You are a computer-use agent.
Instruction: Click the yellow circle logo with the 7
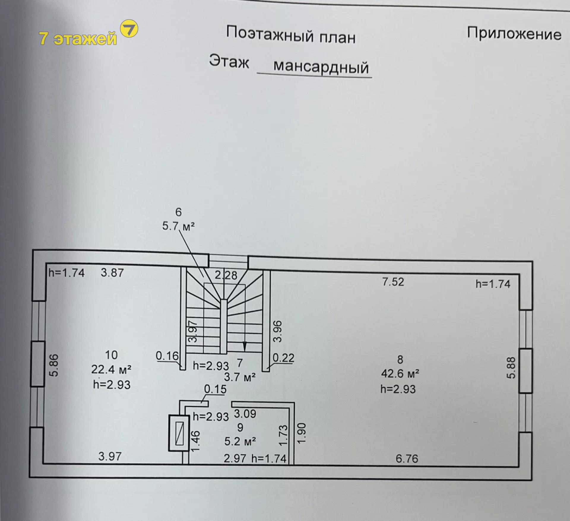click(x=129, y=28)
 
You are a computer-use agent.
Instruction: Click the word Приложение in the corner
click(x=514, y=34)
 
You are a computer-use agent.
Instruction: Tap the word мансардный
click(x=321, y=67)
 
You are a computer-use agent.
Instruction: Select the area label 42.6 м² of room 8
click(x=400, y=373)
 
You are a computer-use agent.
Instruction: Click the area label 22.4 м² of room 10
click(x=111, y=369)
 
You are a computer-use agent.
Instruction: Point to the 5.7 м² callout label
click(x=178, y=226)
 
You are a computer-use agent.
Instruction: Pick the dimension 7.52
click(x=393, y=282)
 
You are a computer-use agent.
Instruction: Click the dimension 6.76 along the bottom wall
click(x=407, y=459)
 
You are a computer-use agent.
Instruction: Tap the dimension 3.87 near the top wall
click(x=112, y=273)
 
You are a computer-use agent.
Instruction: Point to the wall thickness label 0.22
click(x=284, y=358)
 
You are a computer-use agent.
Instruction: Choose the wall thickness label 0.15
click(x=215, y=389)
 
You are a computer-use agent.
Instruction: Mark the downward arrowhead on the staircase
click(x=245, y=346)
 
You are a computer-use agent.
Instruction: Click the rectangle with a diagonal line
click(x=179, y=433)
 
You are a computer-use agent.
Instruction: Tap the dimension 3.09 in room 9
click(x=245, y=414)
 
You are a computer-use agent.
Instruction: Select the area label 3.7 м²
click(x=240, y=377)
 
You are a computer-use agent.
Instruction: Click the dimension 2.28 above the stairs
click(x=226, y=275)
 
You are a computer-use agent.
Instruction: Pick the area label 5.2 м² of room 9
click(x=240, y=441)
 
